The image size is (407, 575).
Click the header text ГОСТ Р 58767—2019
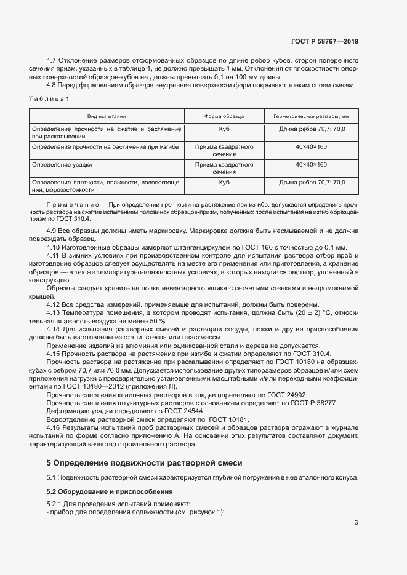[x=324, y=42]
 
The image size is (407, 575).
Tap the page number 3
[x=356, y=523]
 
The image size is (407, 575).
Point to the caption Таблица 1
[x=49, y=99]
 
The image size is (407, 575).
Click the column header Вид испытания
[x=107, y=116]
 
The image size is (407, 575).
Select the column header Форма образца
[x=224, y=116]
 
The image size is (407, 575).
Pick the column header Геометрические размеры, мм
[x=311, y=116]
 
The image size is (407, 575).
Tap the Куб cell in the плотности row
[x=224, y=183]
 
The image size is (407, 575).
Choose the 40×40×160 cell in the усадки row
[x=311, y=165]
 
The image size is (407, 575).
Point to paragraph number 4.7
[x=52, y=60]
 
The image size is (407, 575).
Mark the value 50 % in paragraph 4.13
[x=158, y=320]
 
